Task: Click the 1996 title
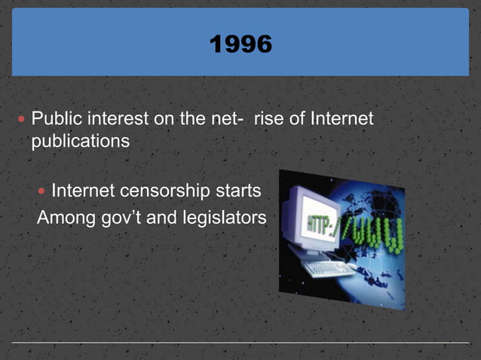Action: click(240, 44)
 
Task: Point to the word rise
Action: click(268, 119)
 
